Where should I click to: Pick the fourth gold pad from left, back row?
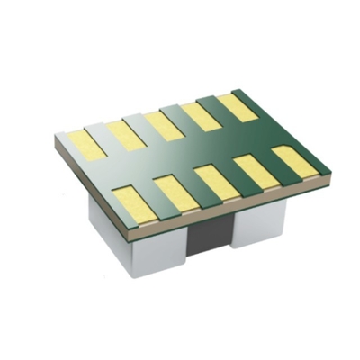pyautogui.click(x=201, y=115)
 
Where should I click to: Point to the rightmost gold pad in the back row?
pyautogui.click(x=238, y=106)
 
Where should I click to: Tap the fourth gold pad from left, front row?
pyautogui.click(x=256, y=171)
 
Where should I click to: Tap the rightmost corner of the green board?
pyautogui.click(x=330, y=175)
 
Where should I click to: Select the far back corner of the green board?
pyautogui.click(x=236, y=90)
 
